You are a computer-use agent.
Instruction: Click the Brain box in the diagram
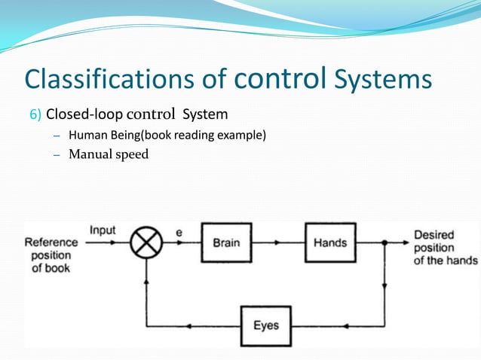click(x=226, y=243)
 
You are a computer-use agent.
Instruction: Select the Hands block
click(x=329, y=243)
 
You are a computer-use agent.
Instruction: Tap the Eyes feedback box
click(x=266, y=326)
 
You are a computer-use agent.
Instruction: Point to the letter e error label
click(x=179, y=233)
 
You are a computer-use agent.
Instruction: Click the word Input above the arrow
click(x=103, y=230)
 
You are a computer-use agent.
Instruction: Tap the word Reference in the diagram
click(x=51, y=243)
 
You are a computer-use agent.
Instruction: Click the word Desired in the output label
click(x=434, y=235)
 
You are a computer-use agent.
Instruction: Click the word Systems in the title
click(x=384, y=79)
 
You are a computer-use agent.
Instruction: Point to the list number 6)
click(x=35, y=115)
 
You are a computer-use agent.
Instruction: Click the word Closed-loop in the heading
click(x=81, y=115)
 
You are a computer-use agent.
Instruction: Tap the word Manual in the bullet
click(x=88, y=155)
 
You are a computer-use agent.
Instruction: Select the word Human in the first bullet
click(x=86, y=136)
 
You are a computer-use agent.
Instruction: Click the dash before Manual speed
click(x=57, y=155)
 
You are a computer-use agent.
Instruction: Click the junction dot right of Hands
click(x=385, y=243)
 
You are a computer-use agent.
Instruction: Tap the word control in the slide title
click(x=283, y=78)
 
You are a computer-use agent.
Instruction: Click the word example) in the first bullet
click(x=240, y=136)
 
